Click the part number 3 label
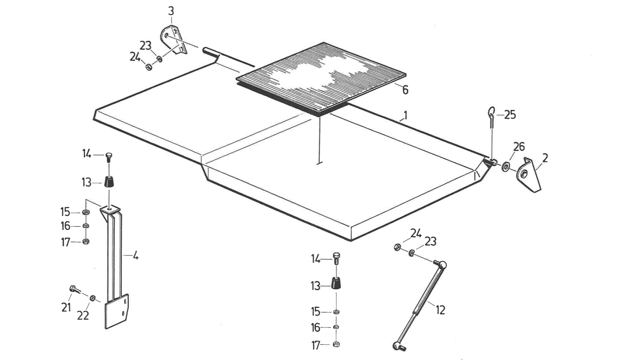click(171, 11)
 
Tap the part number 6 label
click(405, 90)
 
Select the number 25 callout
click(510, 115)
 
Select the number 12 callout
click(440, 310)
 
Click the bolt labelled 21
click(75, 290)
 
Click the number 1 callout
click(405, 116)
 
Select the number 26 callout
click(519, 147)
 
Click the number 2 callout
click(545, 158)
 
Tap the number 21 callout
click(66, 307)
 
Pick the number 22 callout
click(83, 315)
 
